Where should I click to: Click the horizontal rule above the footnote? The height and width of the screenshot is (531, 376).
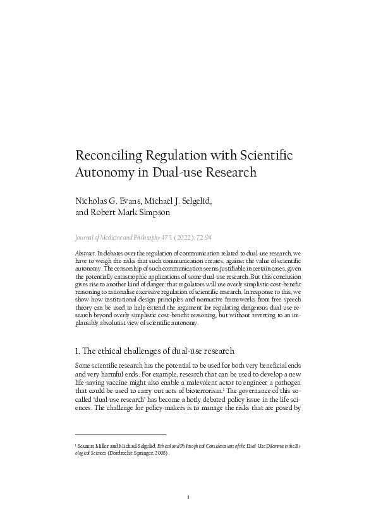point(120,434)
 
